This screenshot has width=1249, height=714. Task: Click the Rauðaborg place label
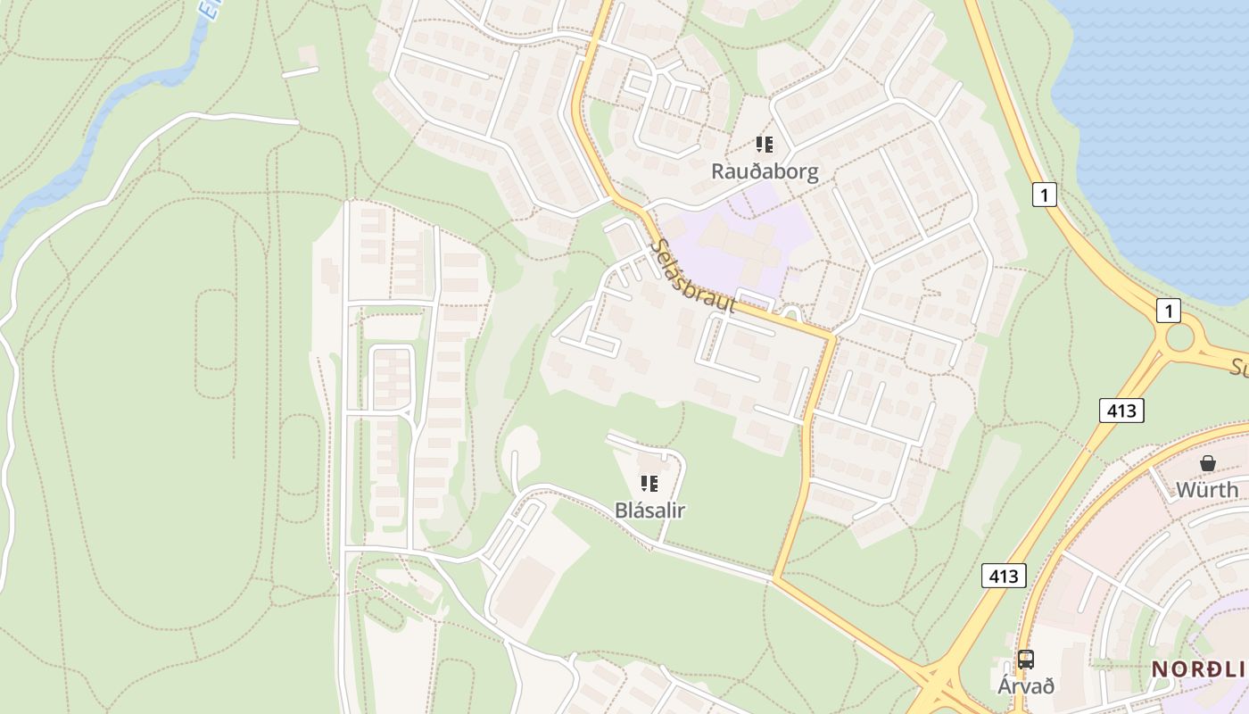coord(765,171)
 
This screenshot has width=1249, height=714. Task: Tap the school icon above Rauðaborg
coord(765,144)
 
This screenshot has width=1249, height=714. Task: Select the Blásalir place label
coord(649,511)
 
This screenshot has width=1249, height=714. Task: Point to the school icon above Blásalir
coord(649,484)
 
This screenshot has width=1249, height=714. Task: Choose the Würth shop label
coord(1207,489)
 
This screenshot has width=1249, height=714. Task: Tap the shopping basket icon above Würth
coord(1207,463)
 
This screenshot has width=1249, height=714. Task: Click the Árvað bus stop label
coord(1026,685)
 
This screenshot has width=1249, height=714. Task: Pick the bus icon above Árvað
coord(1026,660)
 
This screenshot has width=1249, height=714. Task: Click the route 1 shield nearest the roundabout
coord(1168,311)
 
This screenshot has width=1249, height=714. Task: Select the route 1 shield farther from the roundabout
coord(1045,194)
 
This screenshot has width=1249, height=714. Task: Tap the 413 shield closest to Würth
coord(1121,411)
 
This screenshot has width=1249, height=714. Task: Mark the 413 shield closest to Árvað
coord(1004,576)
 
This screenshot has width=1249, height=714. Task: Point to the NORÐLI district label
coord(1199,668)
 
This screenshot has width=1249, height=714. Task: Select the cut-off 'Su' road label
coord(1239,367)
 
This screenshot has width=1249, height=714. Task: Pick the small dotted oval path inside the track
coord(214,330)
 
